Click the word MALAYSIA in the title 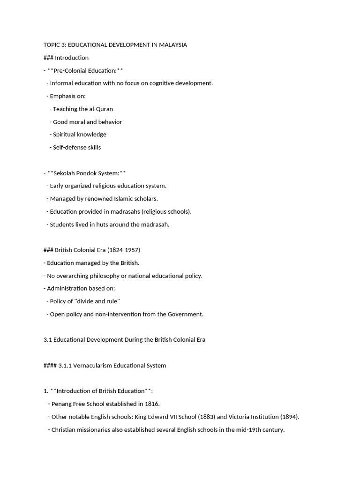[x=172, y=45]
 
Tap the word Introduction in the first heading [x=72, y=58]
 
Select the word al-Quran [x=100, y=109]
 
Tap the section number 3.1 [x=47, y=340]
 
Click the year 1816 [x=152, y=404]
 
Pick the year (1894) [x=289, y=417]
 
